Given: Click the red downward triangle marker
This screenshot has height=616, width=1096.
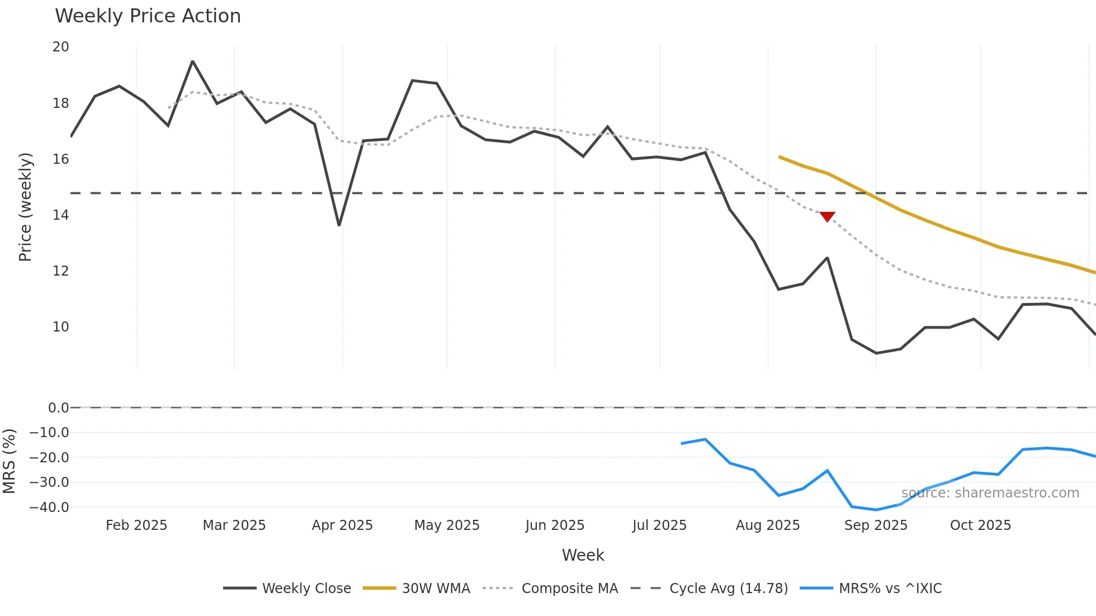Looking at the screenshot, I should coord(827,216).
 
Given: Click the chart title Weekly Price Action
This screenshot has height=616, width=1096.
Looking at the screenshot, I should coord(148,16).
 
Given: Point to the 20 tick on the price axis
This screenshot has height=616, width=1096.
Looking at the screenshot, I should coord(60,47).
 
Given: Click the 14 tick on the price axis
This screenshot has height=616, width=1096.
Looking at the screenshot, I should coord(60,215).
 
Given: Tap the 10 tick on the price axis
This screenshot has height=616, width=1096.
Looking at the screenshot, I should coord(60,327).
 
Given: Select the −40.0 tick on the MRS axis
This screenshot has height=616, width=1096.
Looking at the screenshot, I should coord(49,508).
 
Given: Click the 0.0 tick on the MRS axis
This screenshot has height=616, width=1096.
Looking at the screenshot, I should coord(58,408).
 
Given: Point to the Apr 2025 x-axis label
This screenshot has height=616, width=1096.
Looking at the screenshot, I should coord(342,525).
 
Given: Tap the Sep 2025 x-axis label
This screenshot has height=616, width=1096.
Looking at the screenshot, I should coord(876,525).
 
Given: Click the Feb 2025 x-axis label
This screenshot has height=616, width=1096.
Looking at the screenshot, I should coord(136,525).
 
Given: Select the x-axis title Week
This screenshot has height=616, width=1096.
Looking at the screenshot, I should coord(583,555).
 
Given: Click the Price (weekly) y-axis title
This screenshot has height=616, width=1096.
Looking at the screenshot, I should coord(25,207).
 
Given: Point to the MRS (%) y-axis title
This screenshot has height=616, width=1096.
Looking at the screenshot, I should coord(9,461).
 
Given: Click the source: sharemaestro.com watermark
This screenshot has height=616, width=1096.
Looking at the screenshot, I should coord(990,493).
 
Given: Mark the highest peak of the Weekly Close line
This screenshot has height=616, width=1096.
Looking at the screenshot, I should coord(192,61).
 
